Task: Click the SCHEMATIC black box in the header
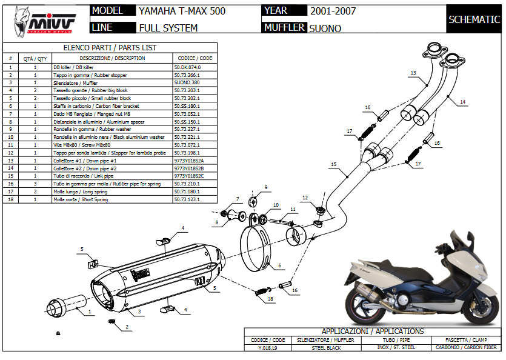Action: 474,19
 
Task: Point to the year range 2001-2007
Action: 333,11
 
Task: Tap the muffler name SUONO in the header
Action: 325,28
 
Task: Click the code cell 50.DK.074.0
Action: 187,67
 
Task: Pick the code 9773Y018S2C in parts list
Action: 189,175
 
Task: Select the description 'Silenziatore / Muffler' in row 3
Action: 73,82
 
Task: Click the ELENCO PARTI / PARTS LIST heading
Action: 110,47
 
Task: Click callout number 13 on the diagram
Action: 413,73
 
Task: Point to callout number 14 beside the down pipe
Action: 462,102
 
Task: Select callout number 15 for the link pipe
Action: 333,164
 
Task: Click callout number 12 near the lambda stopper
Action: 305,198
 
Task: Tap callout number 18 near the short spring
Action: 270,299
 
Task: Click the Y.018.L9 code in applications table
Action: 268,347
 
